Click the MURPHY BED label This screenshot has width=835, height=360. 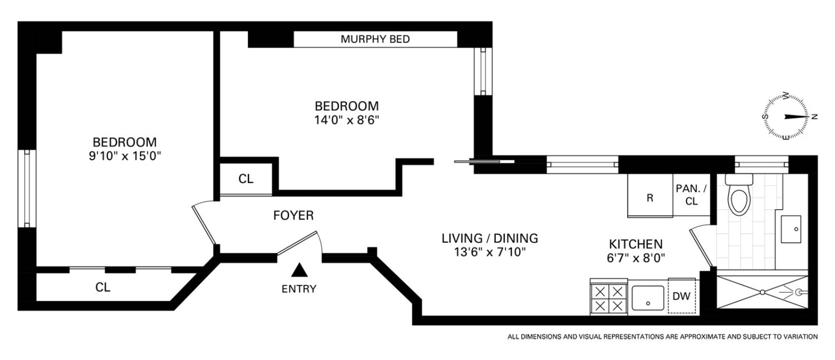click(x=375, y=39)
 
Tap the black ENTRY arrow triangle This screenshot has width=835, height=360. click(x=300, y=270)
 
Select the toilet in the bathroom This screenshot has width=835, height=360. click(x=739, y=195)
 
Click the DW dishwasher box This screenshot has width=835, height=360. click(x=682, y=295)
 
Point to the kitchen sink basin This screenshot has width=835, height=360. click(x=648, y=298)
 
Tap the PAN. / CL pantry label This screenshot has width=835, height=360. click(x=691, y=195)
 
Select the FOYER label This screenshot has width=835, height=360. click(x=293, y=215)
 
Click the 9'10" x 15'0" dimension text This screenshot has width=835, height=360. click(x=125, y=156)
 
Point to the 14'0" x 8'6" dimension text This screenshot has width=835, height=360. click(x=347, y=120)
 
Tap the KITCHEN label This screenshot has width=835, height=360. click(x=636, y=244)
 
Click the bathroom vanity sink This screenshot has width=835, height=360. click(x=791, y=229)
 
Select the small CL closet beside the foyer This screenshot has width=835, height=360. click(x=246, y=179)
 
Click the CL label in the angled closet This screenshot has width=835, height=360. click(x=103, y=287)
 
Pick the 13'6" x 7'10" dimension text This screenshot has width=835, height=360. click(x=490, y=253)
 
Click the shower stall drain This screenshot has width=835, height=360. click(x=762, y=293)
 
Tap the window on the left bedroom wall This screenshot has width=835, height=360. click(x=27, y=188)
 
